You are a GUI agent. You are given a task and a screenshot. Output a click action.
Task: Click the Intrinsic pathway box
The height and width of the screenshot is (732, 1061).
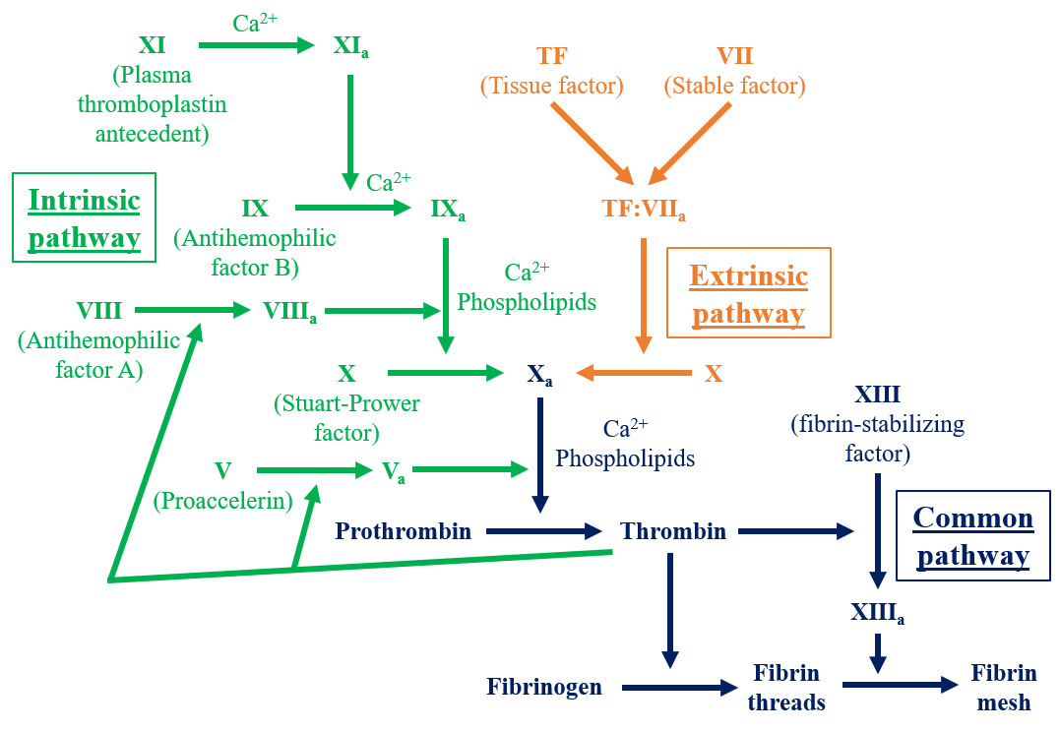click(84, 218)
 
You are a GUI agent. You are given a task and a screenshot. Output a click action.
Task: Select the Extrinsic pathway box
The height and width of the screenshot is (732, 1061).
click(748, 293)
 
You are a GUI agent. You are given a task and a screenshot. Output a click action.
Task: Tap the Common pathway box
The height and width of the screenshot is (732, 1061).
click(972, 536)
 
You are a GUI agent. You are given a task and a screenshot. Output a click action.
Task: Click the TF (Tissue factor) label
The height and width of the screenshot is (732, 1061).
click(551, 71)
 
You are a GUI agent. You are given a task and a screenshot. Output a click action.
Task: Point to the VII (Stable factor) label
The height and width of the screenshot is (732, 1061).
click(734, 71)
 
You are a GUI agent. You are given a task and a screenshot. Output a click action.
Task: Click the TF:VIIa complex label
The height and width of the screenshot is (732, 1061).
click(643, 210)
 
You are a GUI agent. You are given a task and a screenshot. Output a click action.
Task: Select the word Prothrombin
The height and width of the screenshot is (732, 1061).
click(403, 532)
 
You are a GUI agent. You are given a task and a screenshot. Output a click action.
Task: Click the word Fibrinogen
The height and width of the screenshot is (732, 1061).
click(544, 686)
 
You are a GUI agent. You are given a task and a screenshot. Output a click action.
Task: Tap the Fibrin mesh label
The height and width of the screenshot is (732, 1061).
click(1004, 688)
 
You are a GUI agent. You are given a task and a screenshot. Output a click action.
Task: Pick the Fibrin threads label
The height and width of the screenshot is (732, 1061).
click(785, 688)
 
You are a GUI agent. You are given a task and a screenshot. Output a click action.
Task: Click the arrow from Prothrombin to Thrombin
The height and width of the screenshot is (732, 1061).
click(544, 532)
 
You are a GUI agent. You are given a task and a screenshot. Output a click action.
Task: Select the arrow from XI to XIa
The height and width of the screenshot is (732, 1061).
click(255, 44)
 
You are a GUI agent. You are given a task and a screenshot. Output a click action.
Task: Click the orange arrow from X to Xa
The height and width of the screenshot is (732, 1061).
click(635, 373)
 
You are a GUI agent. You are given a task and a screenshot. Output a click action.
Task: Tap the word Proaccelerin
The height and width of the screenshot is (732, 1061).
click(223, 502)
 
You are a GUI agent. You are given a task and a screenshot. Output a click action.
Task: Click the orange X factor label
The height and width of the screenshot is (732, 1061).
click(714, 374)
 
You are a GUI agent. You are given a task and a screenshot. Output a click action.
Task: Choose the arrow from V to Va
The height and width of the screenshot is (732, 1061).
click(314, 470)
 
